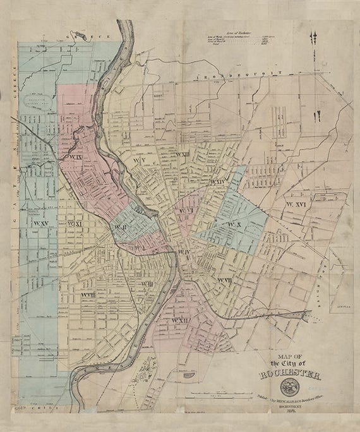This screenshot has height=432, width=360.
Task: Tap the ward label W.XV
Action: [x=42, y=224]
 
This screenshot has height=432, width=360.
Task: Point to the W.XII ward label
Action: [x=180, y=321]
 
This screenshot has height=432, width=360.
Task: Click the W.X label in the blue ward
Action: [x=235, y=225]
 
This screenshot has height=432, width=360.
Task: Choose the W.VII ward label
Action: [x=225, y=280]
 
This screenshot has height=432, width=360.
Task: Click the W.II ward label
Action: [x=120, y=227]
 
